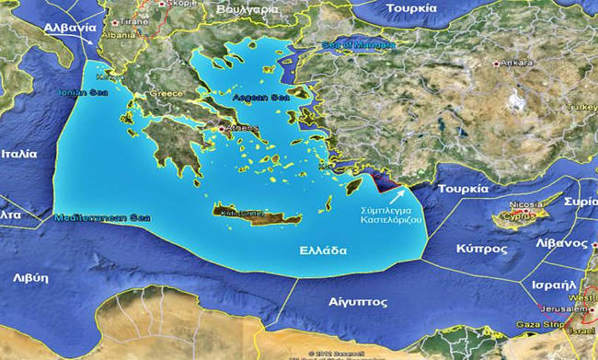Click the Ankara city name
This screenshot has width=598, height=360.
point(519,63)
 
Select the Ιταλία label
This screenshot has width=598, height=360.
point(18,154)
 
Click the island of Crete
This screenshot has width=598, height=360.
point(249,215)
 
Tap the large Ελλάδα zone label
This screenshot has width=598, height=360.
point(322,250)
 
